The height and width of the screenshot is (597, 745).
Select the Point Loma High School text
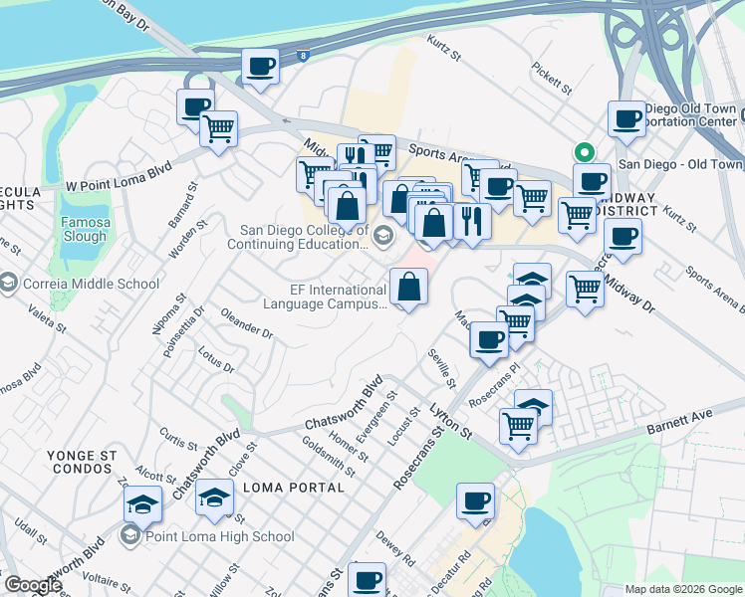tap(219, 537)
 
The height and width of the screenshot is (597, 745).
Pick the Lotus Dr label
tap(216, 360)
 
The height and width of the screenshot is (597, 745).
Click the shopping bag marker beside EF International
tap(408, 288)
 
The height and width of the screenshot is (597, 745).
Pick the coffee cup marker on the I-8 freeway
tap(261, 68)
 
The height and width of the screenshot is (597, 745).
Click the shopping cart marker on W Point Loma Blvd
tap(217, 128)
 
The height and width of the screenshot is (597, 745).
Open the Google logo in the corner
tap(32, 585)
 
